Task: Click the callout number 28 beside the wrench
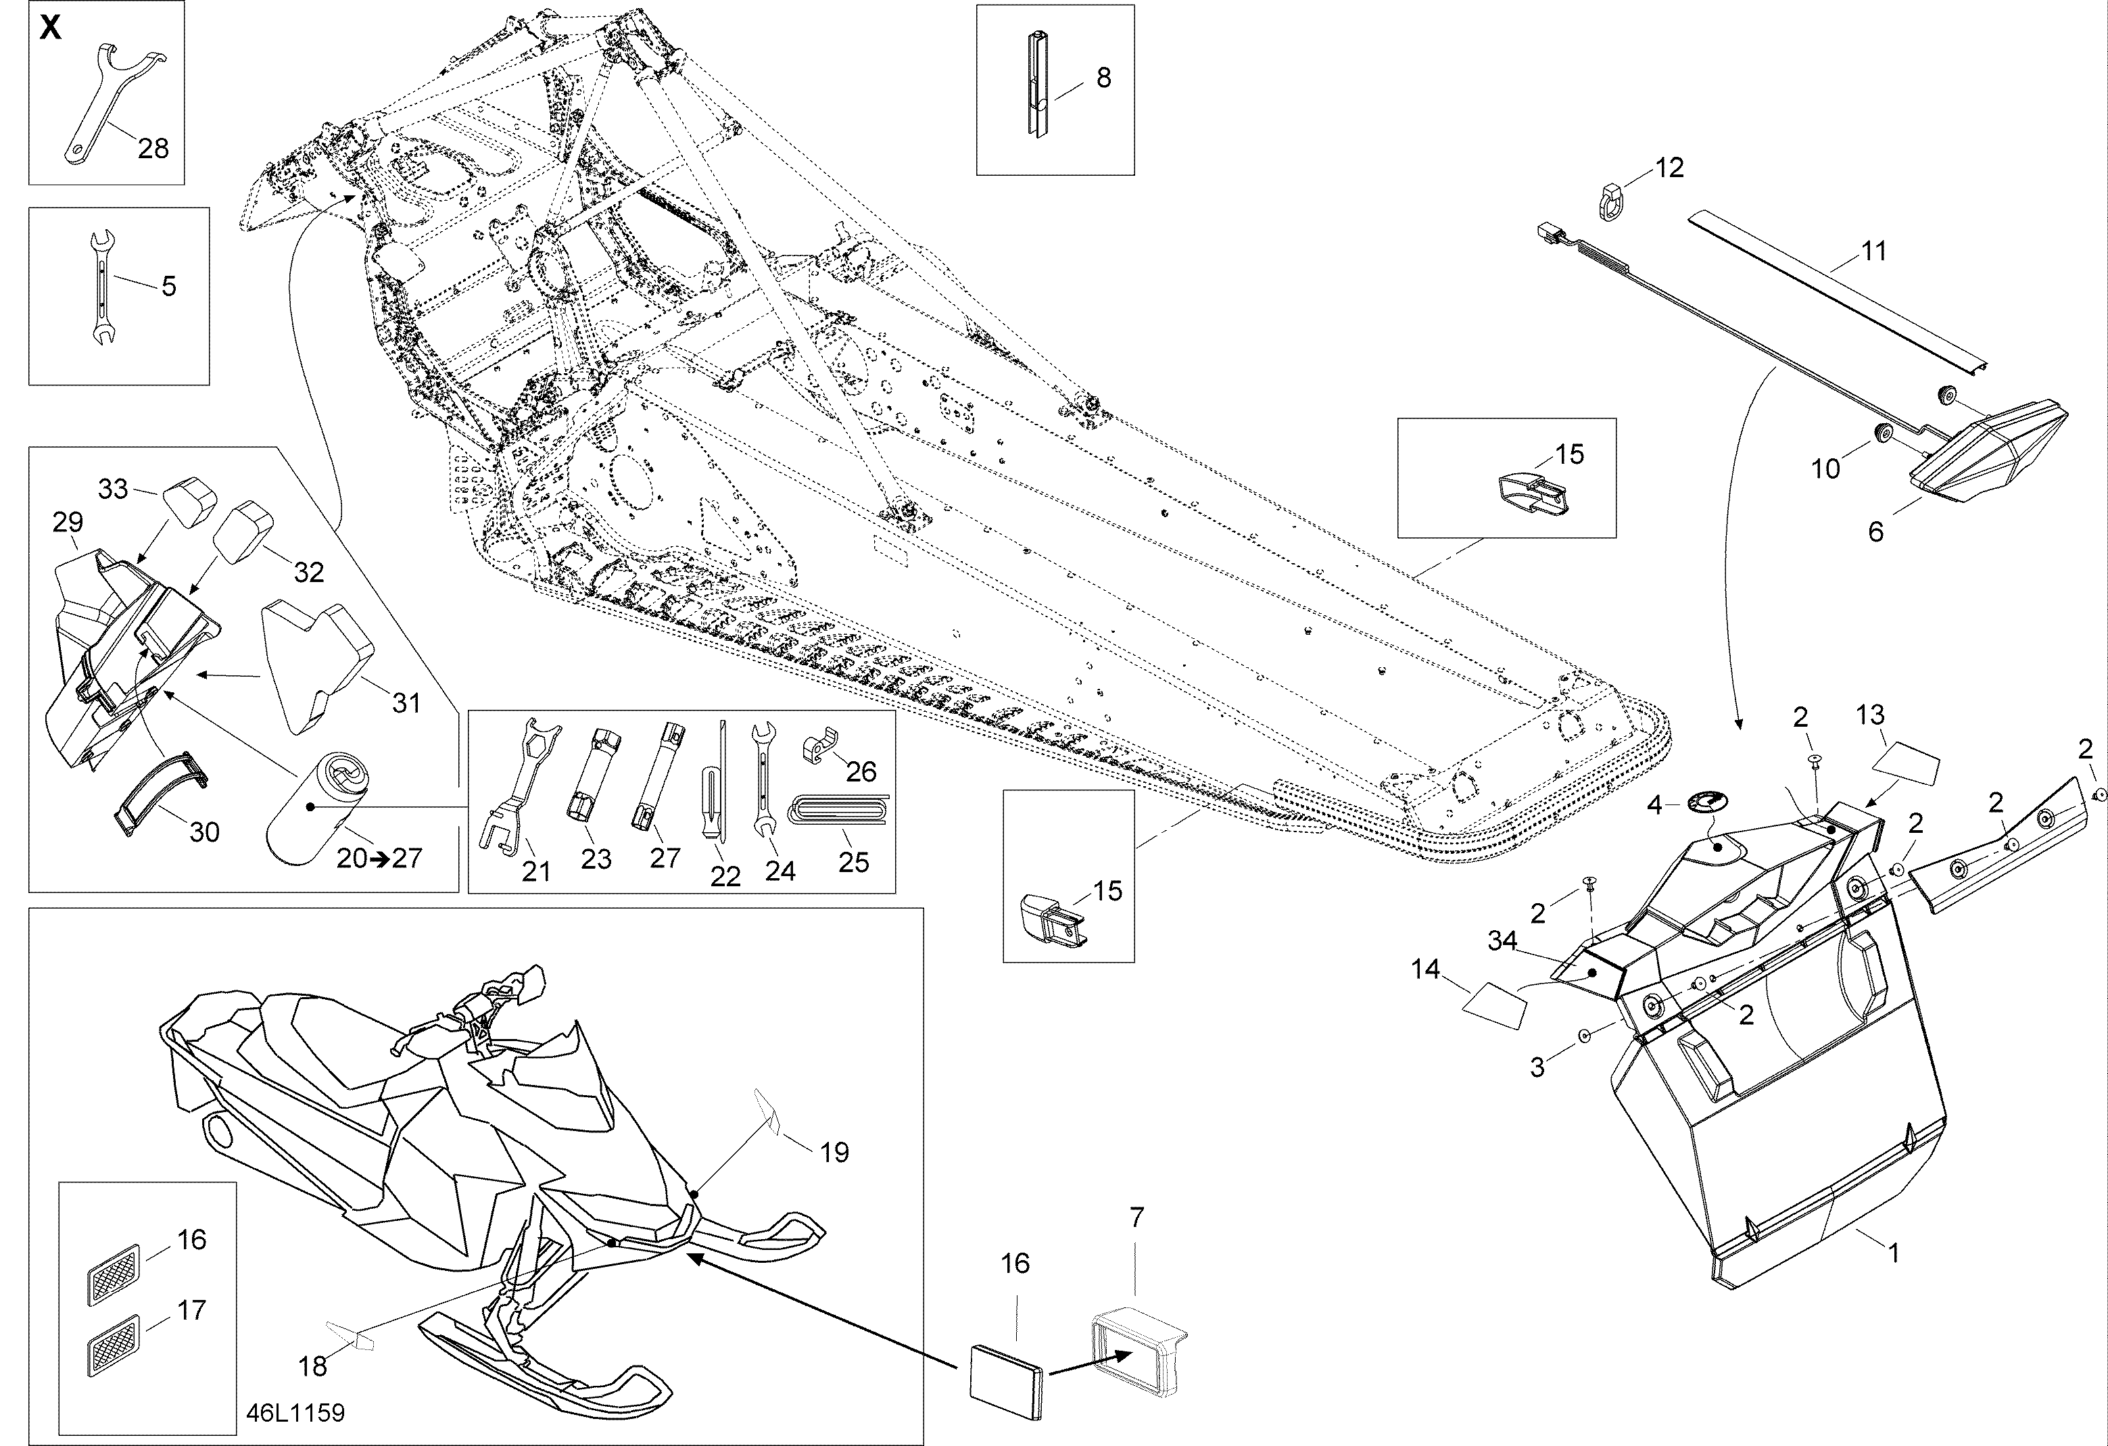(x=153, y=148)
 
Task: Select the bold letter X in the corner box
(x=51, y=28)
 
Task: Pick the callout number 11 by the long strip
(x=1874, y=251)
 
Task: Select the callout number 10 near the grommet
(x=1826, y=469)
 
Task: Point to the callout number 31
(x=406, y=702)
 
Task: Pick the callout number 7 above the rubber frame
(x=1136, y=1218)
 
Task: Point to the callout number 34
(x=1503, y=942)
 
